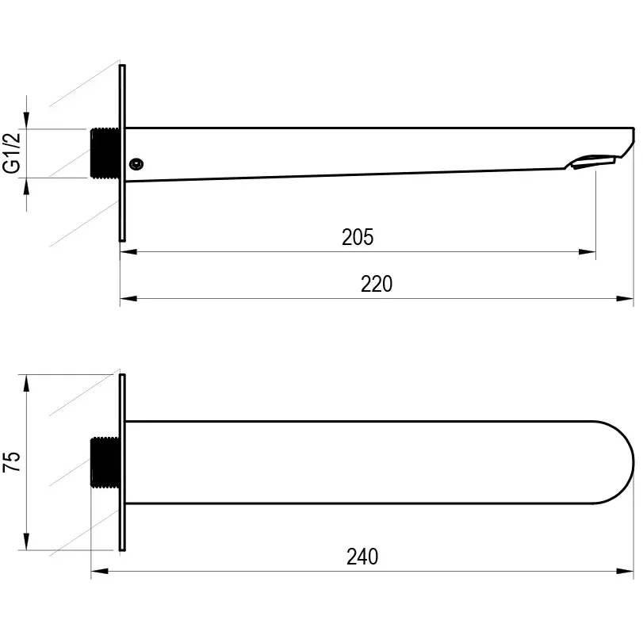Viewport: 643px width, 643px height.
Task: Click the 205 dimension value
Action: tap(358, 237)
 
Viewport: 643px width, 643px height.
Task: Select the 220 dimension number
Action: tap(377, 284)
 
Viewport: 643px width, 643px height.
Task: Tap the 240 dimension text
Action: tap(362, 557)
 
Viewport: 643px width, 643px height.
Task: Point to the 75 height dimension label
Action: tap(11, 461)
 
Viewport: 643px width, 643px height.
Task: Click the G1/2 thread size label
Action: tap(11, 152)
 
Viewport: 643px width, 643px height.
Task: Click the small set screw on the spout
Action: tap(136, 164)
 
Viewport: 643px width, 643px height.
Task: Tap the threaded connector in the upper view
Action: tap(105, 153)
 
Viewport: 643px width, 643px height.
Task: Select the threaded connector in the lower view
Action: tap(105, 462)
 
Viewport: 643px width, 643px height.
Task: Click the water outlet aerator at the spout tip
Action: tap(591, 162)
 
